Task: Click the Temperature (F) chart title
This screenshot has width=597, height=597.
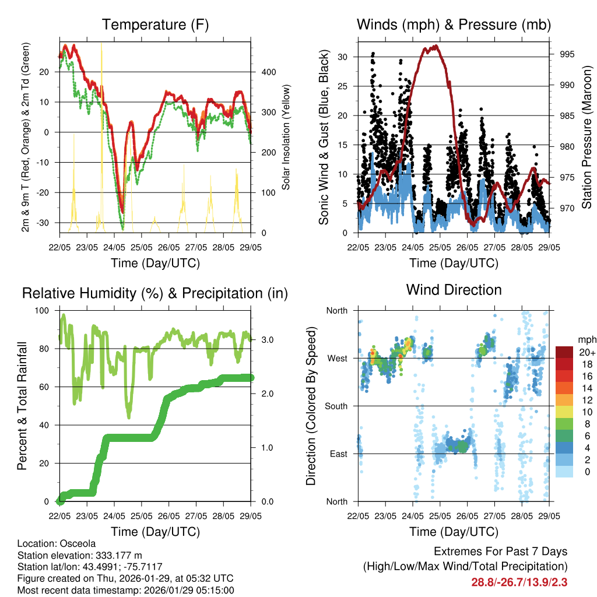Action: pos(155,25)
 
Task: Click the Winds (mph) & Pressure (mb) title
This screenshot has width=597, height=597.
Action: pos(454,25)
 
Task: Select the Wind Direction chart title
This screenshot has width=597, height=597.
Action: pos(454,290)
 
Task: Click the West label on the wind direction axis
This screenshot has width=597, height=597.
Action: pos(337,358)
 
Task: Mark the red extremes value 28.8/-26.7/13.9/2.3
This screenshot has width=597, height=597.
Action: pos(519,582)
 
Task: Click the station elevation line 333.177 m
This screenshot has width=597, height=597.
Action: pos(80,555)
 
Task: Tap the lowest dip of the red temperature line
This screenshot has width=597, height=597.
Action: pos(122,212)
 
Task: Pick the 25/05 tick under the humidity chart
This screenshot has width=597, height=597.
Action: pos(142,516)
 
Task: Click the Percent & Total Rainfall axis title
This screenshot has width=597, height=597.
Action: pos(22,406)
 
